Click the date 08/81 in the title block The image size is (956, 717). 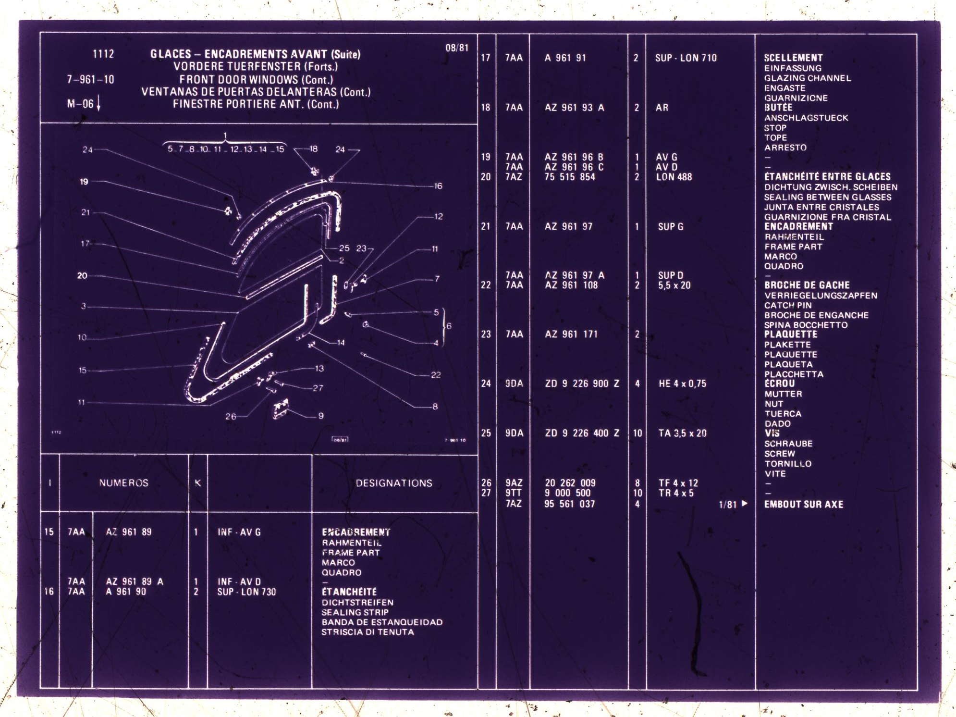[x=456, y=48]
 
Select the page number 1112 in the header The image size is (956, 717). [x=103, y=54]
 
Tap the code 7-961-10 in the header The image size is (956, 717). [x=91, y=79]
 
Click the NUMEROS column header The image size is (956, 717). [x=124, y=483]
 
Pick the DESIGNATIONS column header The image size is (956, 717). [x=394, y=483]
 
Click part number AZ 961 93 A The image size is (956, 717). [x=574, y=108]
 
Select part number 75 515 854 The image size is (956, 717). [x=570, y=177]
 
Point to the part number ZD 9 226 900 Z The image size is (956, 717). [x=582, y=383]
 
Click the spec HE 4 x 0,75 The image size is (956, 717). [x=682, y=383]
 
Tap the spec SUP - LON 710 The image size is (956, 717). [x=686, y=58]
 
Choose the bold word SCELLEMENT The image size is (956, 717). [x=793, y=58]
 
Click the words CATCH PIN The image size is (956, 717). [x=788, y=305]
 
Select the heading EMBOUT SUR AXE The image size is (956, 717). [x=803, y=504]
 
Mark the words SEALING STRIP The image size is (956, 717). [x=355, y=612]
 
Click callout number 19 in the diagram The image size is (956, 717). [x=84, y=182]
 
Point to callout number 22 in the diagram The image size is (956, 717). [x=436, y=375]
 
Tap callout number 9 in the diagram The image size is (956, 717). [x=320, y=416]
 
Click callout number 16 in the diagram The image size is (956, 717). [x=438, y=186]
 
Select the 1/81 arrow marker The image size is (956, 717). [x=733, y=504]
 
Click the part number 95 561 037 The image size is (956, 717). [x=569, y=504]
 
